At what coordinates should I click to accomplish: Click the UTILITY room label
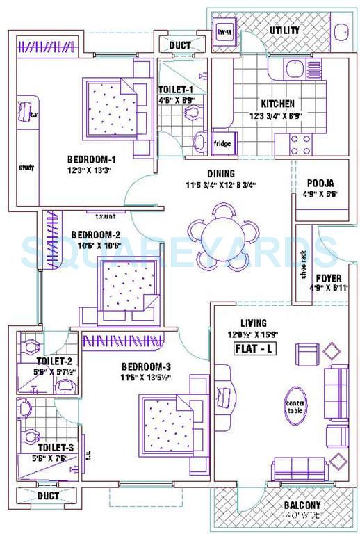(x=285, y=31)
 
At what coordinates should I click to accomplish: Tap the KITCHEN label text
(x=277, y=103)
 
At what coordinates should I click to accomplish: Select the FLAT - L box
(x=257, y=349)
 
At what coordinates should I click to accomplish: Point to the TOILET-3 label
(x=51, y=447)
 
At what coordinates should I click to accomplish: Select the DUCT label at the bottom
(x=48, y=496)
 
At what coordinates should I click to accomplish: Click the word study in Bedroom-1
(x=26, y=167)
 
